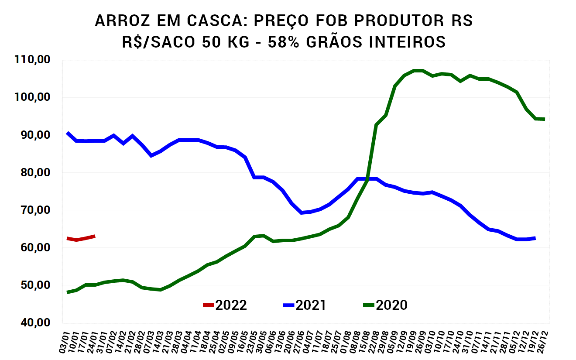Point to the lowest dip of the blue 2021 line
[x=302, y=213]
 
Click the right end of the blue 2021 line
[x=535, y=238]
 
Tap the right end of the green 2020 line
[x=544, y=119]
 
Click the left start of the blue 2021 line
[x=68, y=133]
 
